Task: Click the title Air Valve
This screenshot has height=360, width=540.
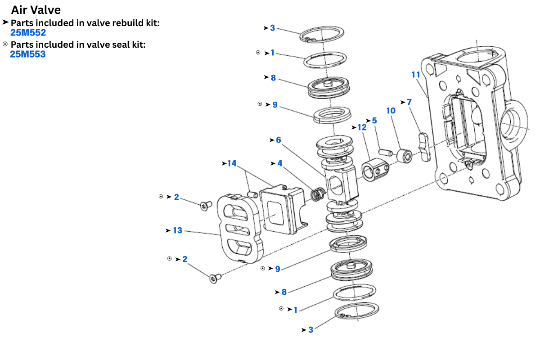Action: click(36, 9)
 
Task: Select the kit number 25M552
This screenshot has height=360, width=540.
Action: click(28, 32)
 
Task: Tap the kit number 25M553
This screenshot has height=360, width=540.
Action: click(28, 54)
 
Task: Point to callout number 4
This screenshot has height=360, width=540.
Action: click(280, 163)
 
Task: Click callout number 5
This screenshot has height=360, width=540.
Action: click(374, 121)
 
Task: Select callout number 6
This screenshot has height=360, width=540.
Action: click(279, 140)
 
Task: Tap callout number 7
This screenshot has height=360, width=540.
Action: click(409, 102)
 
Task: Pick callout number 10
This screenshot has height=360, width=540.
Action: click(391, 110)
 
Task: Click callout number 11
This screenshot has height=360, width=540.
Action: click(416, 74)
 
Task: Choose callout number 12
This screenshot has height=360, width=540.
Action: click(362, 128)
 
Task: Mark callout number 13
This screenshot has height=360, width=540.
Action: click(178, 230)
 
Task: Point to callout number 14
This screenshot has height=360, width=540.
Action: click(232, 163)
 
